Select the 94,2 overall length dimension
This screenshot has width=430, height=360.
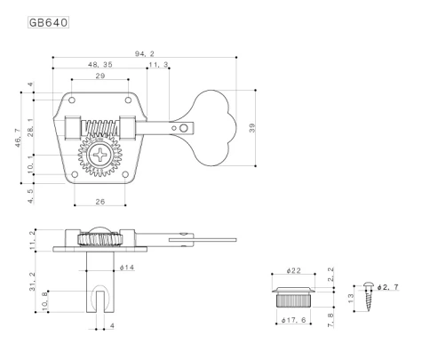pos(145,52)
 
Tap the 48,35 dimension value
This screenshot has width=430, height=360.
pos(100,65)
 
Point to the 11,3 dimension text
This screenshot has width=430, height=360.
pos(155,65)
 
